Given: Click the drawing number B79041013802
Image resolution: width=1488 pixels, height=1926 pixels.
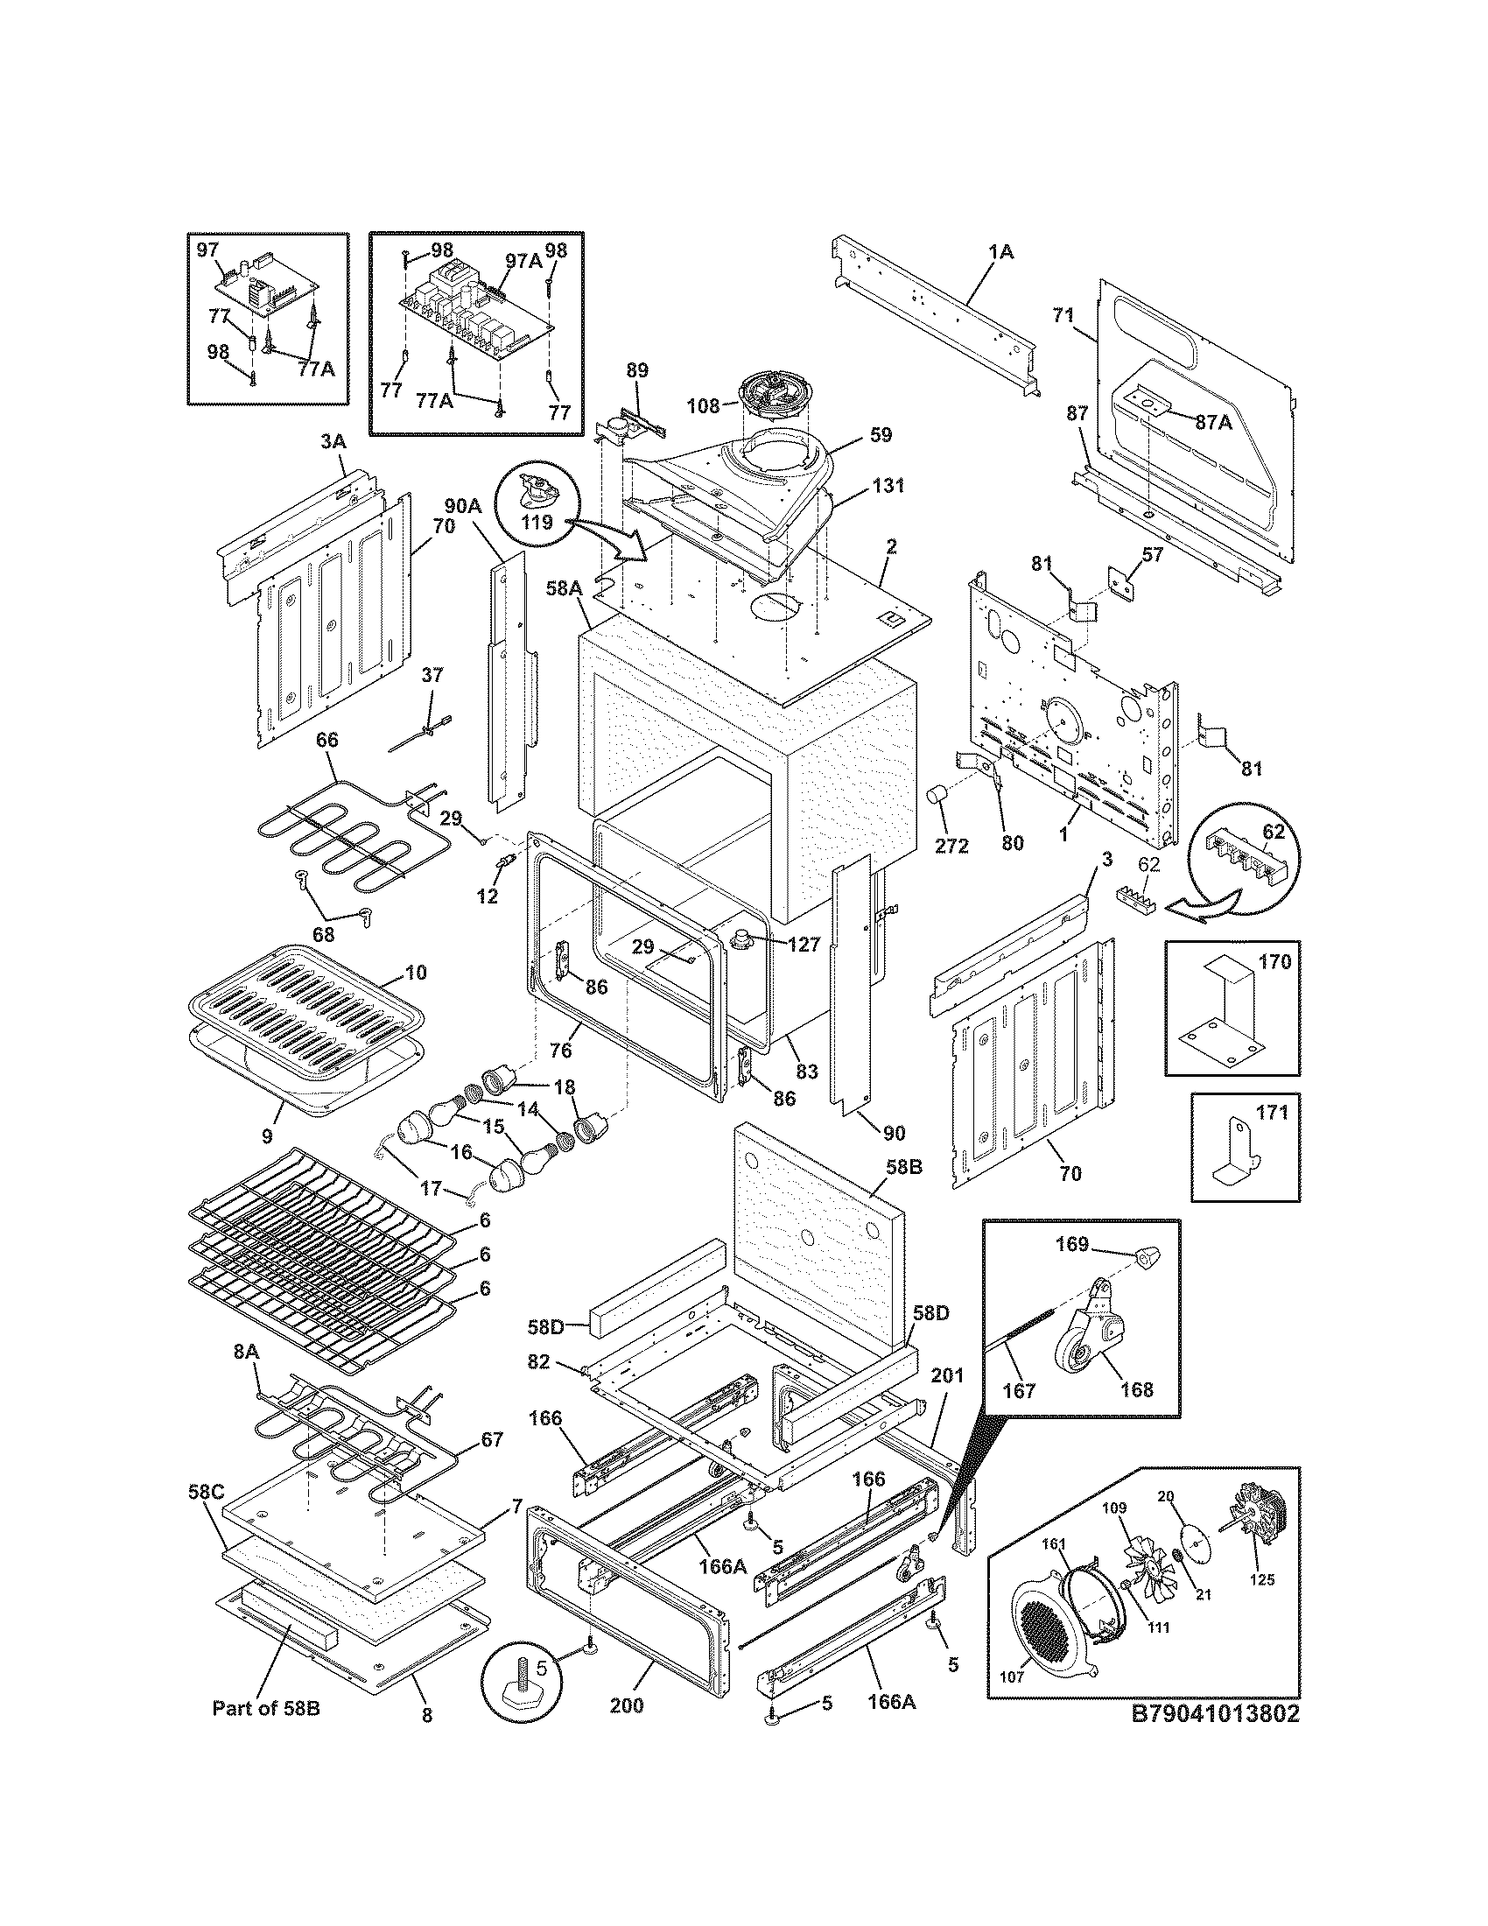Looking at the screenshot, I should point(1216,1737).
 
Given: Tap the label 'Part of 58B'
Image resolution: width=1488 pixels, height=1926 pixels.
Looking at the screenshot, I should point(266,1732).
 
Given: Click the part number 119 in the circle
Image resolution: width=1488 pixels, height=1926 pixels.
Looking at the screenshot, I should point(536,522).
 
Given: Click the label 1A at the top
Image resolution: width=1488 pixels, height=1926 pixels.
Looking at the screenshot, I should point(1000,252).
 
